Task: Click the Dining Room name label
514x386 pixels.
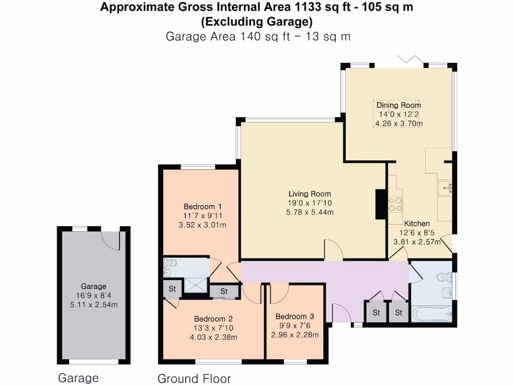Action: pos(399,106)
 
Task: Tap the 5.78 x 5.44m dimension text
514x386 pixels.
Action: pos(309,212)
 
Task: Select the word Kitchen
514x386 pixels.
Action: pos(417,224)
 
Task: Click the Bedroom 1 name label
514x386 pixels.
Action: pos(202,207)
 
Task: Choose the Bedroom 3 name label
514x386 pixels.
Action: pos(295,317)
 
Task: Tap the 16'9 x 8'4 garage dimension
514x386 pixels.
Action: pos(93,296)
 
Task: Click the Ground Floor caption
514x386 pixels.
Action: pos(194,378)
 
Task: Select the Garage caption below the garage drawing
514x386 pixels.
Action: pos(78,378)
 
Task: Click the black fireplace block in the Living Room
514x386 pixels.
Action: pos(380,204)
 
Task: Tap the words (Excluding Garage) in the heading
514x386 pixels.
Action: pos(256,22)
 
